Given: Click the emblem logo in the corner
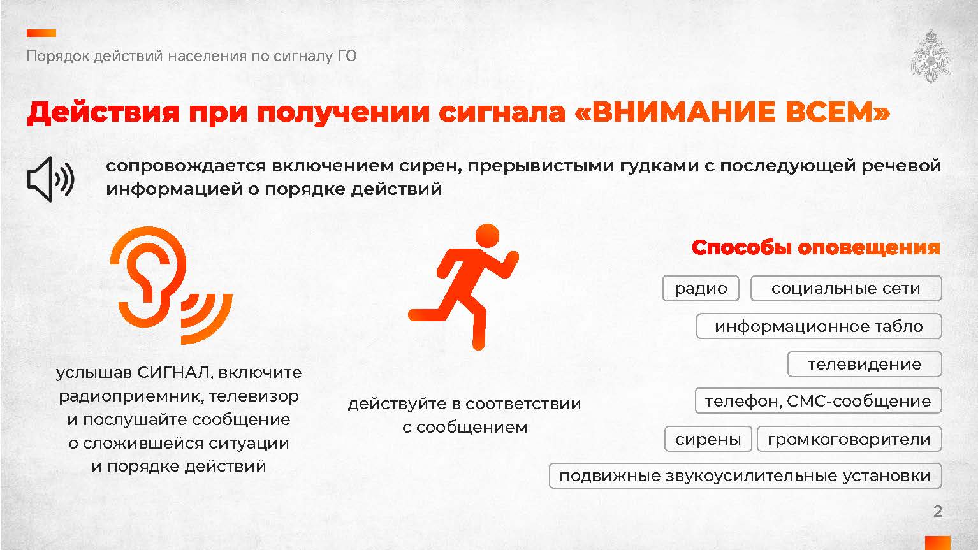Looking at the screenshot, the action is tap(931, 56).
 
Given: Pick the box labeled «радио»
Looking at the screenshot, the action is tap(701, 289).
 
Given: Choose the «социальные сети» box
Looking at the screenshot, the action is tap(846, 289).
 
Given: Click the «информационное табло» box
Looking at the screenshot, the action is tap(819, 326).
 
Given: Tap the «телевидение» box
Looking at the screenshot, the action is tap(865, 364).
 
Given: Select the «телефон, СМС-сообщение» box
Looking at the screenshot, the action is tap(818, 401).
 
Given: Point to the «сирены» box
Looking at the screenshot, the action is tap(708, 439).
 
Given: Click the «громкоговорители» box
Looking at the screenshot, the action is tap(849, 439).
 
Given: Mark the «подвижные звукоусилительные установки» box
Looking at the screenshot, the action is tap(745, 476).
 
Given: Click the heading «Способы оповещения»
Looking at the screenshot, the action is tap(815, 247).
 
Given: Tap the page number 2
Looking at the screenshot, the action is tap(937, 511).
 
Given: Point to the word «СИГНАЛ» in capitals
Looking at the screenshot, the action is tap(174, 373).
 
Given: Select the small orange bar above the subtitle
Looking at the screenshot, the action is tap(41, 33).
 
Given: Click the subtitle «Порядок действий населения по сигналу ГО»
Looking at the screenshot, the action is tap(192, 56).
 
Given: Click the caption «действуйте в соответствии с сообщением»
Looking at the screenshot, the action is tap(465, 416).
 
